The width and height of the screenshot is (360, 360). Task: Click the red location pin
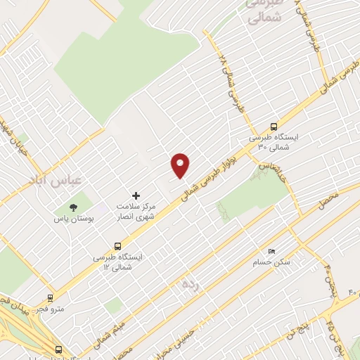click(x=181, y=165)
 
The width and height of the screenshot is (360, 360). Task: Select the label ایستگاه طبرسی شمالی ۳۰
click(x=274, y=143)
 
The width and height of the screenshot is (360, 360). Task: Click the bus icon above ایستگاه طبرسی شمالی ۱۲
click(x=117, y=246)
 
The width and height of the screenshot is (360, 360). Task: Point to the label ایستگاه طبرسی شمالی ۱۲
click(x=117, y=263)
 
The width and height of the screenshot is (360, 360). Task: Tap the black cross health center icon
click(x=136, y=195)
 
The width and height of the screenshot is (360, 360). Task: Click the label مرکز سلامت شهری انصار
click(x=137, y=212)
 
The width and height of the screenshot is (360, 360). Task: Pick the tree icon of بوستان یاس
click(x=73, y=207)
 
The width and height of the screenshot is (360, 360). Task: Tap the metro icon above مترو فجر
click(x=49, y=297)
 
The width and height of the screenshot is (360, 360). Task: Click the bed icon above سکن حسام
click(x=271, y=251)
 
